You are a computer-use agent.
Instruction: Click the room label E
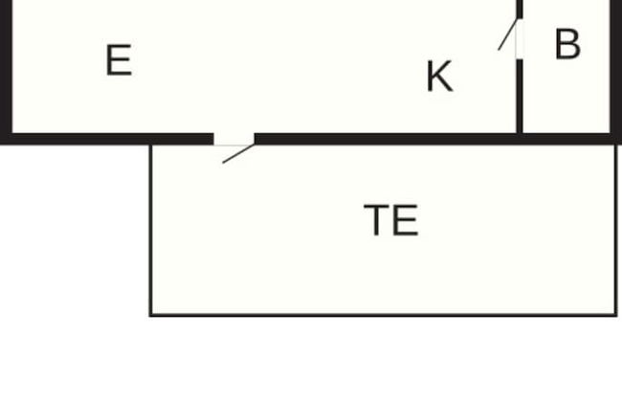click(119, 60)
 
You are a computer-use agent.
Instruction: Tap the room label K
click(439, 77)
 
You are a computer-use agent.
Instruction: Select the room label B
click(568, 44)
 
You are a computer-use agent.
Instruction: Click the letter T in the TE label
click(376, 220)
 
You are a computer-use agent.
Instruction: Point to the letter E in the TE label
click(406, 220)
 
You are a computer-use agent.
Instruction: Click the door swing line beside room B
click(508, 34)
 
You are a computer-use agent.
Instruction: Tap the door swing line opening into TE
click(238, 154)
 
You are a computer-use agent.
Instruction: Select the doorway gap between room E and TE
click(234, 140)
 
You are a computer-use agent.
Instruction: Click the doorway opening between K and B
click(520, 39)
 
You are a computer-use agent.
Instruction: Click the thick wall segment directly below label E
click(107, 140)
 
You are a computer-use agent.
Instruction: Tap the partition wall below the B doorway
click(520, 97)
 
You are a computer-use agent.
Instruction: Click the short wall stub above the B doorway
click(520, 10)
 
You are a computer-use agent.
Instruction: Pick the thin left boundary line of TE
click(151, 231)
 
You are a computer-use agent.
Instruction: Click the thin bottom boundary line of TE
click(383, 315)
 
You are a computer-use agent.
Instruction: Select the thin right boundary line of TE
click(615, 231)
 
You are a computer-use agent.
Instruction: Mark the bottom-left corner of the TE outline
click(151, 315)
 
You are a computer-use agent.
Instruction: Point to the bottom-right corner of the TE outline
click(615, 315)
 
